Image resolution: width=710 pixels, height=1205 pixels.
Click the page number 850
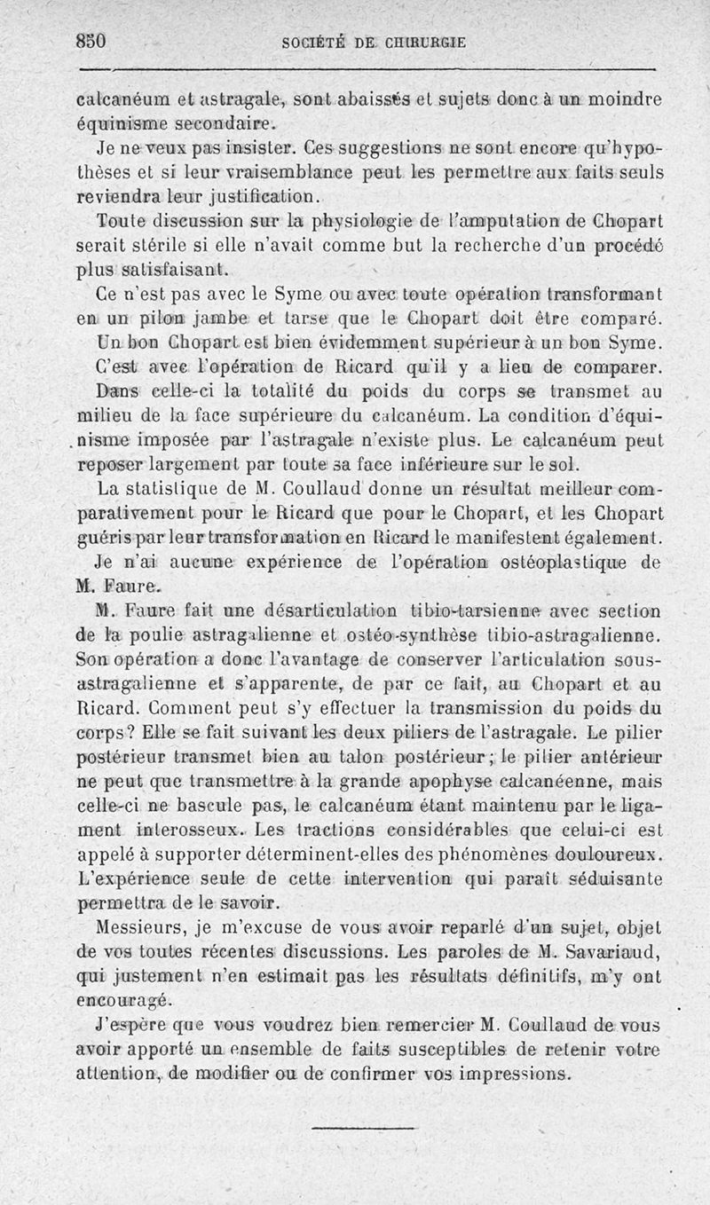click(91, 41)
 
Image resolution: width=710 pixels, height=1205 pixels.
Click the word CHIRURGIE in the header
click(422, 42)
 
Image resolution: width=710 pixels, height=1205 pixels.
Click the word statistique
click(179, 490)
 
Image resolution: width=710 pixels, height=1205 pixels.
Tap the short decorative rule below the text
click(351, 1128)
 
